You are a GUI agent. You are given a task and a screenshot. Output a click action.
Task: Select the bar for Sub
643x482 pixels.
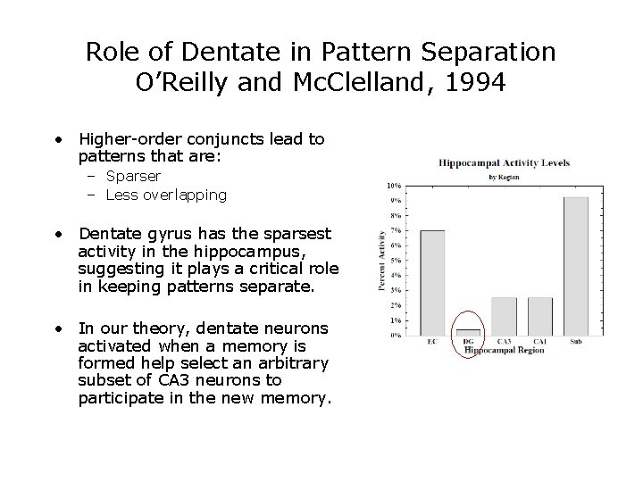[577, 266]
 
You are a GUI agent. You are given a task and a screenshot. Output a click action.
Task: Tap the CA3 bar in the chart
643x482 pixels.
[505, 316]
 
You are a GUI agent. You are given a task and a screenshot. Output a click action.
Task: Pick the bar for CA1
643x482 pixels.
[540, 316]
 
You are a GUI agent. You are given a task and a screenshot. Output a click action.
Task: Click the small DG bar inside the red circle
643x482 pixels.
[469, 332]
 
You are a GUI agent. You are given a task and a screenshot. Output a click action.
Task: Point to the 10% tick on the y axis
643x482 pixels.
[394, 186]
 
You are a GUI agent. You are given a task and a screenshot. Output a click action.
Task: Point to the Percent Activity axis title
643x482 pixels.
[381, 261]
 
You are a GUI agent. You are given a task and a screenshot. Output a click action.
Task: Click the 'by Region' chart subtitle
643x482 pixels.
[505, 176]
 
